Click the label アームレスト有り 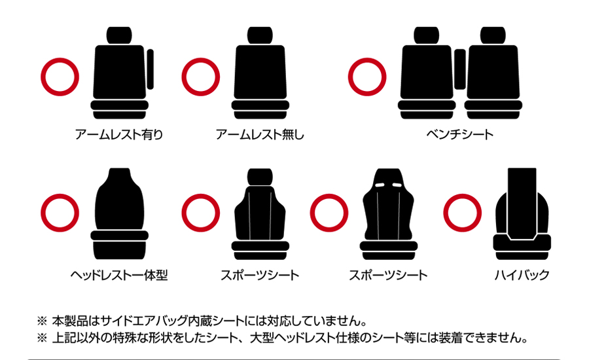coord(119,134)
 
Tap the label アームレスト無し coord(260,134)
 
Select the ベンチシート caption coord(460,134)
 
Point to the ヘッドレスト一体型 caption coord(119,275)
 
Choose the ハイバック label coord(522,275)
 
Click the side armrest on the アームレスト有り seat coord(151,69)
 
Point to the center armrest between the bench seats coord(460,69)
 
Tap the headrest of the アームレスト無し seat coord(260,35)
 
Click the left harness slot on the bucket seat coord(380,185)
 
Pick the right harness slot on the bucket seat coord(397,185)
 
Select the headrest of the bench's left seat coord(426,35)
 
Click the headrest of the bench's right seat coord(493,35)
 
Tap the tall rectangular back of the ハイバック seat coord(522,203)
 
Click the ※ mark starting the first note coord(42,321)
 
